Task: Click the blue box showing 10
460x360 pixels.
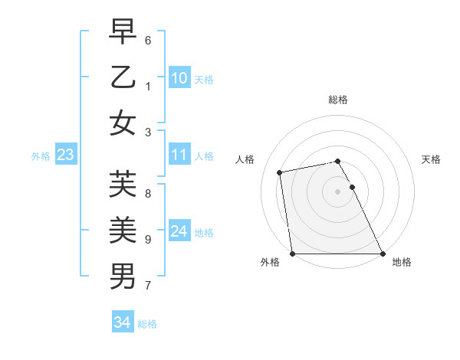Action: pyautogui.click(x=179, y=78)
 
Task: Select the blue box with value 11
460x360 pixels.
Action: pyautogui.click(x=179, y=155)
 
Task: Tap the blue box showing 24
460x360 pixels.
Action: pyautogui.click(x=179, y=231)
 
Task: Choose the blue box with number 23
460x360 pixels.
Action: pyautogui.click(x=65, y=155)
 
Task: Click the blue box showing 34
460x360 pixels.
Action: pyautogui.click(x=122, y=322)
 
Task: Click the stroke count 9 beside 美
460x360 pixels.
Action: pyautogui.click(x=148, y=239)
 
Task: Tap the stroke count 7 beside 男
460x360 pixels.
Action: pyautogui.click(x=148, y=286)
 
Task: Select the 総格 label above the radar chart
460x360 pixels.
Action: pyautogui.click(x=338, y=100)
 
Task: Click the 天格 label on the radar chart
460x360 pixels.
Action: pyautogui.click(x=432, y=159)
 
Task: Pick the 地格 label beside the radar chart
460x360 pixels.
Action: pyautogui.click(x=402, y=262)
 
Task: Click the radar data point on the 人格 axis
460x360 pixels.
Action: pyautogui.click(x=280, y=172)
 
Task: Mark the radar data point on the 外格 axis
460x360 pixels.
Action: pyautogui.click(x=292, y=254)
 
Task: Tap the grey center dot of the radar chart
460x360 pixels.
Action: pyautogui.click(x=338, y=191)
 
